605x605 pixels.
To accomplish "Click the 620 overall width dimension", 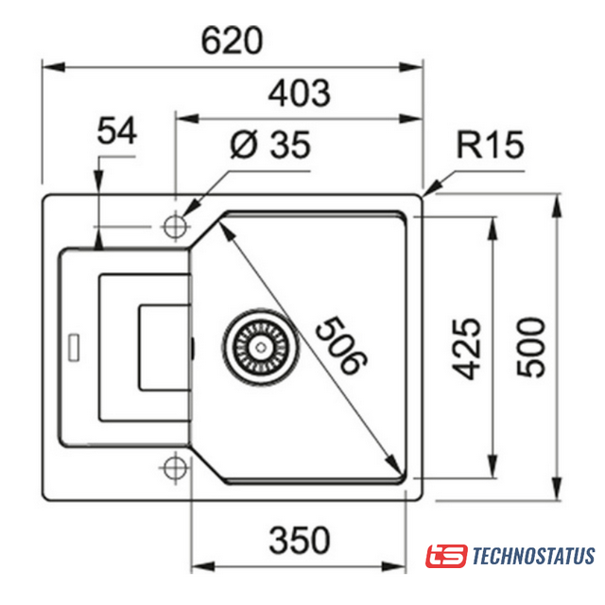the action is pyautogui.click(x=232, y=41).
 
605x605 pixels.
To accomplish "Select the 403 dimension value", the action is pyautogui.click(x=300, y=93).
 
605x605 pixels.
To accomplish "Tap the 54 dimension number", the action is pyautogui.click(x=117, y=130).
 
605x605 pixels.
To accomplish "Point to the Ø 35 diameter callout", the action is pyautogui.click(x=270, y=145).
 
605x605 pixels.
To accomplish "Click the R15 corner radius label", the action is pyautogui.click(x=491, y=145).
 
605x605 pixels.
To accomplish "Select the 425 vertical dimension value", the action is pyautogui.click(x=466, y=349).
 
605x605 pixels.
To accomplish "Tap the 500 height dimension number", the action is pyautogui.click(x=531, y=347).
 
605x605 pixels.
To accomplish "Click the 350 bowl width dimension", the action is pyautogui.click(x=300, y=540).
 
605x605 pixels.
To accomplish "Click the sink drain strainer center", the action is pyautogui.click(x=261, y=348).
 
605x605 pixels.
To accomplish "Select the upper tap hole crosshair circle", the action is pyautogui.click(x=175, y=227).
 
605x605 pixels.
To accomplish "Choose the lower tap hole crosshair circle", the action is pyautogui.click(x=175, y=468).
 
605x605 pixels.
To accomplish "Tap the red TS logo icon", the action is pyautogui.click(x=446, y=556).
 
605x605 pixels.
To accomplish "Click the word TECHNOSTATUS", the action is pyautogui.click(x=533, y=556).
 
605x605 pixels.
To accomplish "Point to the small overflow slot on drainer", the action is pyautogui.click(x=74, y=348).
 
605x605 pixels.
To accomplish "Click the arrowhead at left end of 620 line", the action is pyautogui.click(x=53, y=67).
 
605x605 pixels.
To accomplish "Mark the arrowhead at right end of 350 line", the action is pyautogui.click(x=394, y=566).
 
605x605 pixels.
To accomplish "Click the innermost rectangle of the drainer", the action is pyautogui.click(x=164, y=348).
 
